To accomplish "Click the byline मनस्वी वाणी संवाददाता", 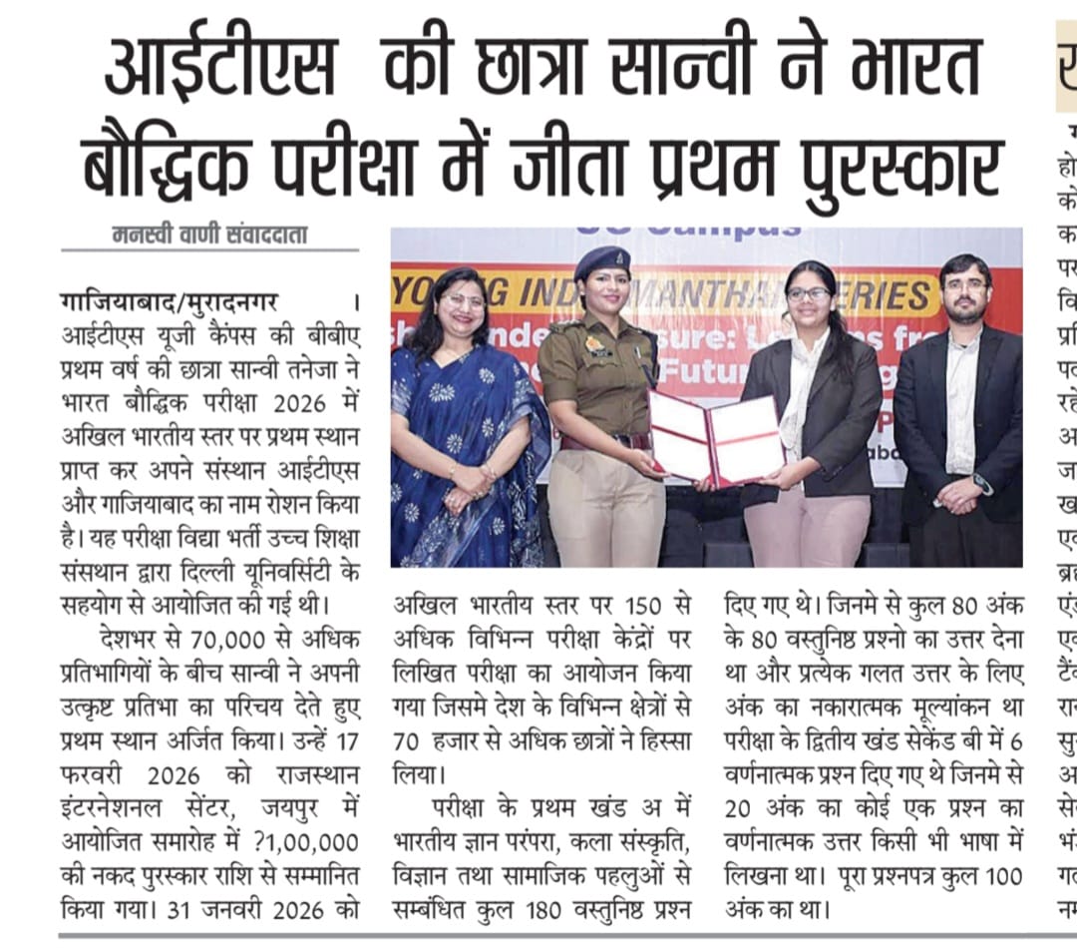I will click(x=209, y=237).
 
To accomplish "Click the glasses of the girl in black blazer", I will click(x=808, y=294).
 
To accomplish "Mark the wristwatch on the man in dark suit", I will click(x=981, y=483).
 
